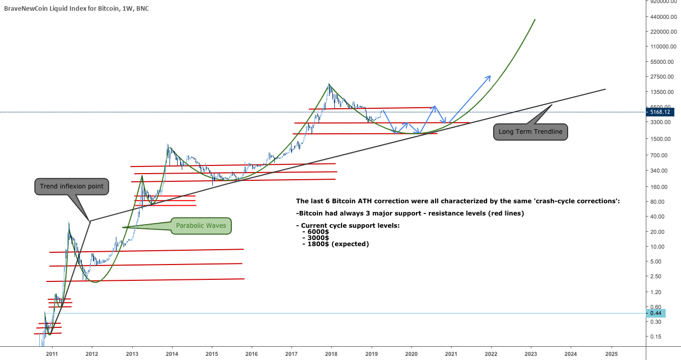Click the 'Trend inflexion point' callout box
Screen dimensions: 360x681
[71, 186]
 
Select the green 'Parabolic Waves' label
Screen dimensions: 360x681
[201, 225]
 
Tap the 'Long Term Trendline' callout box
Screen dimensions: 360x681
[530, 132]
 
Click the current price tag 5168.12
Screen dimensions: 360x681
[662, 111]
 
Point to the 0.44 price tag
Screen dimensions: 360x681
[655, 313]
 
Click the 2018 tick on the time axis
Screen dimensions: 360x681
[331, 353]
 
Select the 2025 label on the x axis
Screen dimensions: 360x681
[611, 353]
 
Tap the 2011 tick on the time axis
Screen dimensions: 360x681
[52, 353]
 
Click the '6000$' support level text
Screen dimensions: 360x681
[318, 231]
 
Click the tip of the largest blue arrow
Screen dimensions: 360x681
[491, 76]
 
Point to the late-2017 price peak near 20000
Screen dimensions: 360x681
[329, 85]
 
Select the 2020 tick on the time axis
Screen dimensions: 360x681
[411, 353]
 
